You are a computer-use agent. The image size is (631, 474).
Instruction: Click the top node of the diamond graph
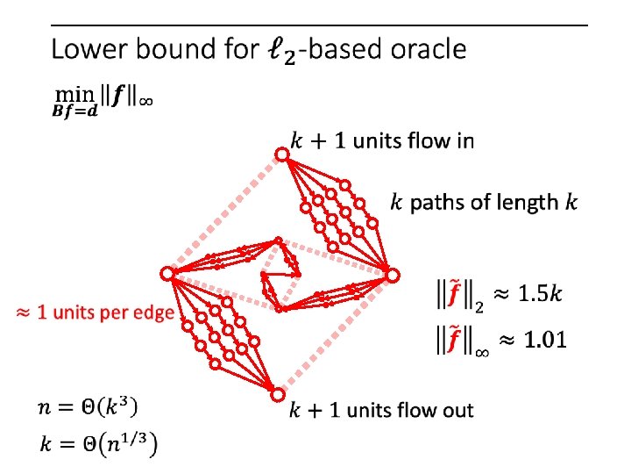coord(281,155)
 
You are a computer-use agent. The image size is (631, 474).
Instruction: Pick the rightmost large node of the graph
coord(393,276)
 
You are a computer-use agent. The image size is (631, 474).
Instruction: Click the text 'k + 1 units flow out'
coord(381,409)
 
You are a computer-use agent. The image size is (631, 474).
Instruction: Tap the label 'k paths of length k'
coord(484,203)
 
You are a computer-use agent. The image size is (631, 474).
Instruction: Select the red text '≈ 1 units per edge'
coord(94,312)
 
